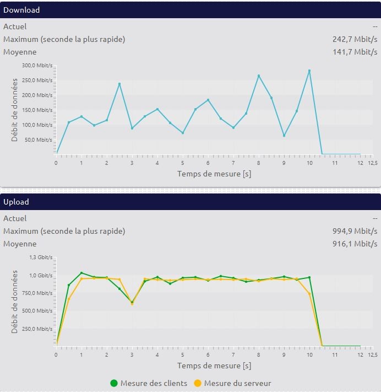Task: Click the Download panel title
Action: click(21, 10)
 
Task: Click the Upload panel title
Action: click(16, 202)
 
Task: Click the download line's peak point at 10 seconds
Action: click(309, 71)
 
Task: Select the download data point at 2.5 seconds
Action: click(119, 84)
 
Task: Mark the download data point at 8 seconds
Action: click(259, 76)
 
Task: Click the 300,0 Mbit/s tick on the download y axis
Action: click(37, 65)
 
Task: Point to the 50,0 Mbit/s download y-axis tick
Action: click(39, 139)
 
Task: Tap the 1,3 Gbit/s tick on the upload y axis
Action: click(41, 257)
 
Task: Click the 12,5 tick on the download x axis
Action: click(373, 163)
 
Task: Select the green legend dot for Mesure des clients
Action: click(114, 383)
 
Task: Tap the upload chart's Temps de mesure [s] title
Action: click(214, 366)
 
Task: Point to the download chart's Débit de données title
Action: click(15, 109)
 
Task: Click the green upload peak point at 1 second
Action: click(81, 273)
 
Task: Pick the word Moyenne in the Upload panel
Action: click(20, 244)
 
